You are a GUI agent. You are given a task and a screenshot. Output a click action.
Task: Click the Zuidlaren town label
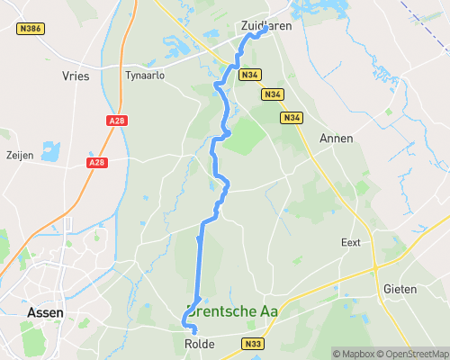coord(266,27)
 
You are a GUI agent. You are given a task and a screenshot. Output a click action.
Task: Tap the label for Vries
coord(76,76)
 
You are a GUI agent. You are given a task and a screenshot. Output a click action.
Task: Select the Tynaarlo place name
coord(145,76)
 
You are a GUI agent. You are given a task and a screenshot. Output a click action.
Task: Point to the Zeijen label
coord(19,156)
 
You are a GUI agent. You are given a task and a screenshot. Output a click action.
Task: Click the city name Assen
coord(45,312)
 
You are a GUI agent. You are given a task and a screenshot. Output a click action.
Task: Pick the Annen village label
coord(336,139)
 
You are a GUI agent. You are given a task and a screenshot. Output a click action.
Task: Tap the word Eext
coord(351,243)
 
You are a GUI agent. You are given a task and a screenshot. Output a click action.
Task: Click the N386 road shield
coord(31,29)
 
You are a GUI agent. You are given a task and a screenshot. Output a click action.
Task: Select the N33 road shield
coord(253,343)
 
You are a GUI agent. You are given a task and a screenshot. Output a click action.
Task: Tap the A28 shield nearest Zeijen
coord(97,163)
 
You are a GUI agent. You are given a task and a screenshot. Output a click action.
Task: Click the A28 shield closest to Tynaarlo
coord(116,120)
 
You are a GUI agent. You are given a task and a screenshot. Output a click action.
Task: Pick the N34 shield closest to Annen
coord(291,118)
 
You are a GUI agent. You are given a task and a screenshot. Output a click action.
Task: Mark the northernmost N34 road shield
coord(249,76)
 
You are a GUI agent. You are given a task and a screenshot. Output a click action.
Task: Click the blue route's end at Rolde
coord(194,332)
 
